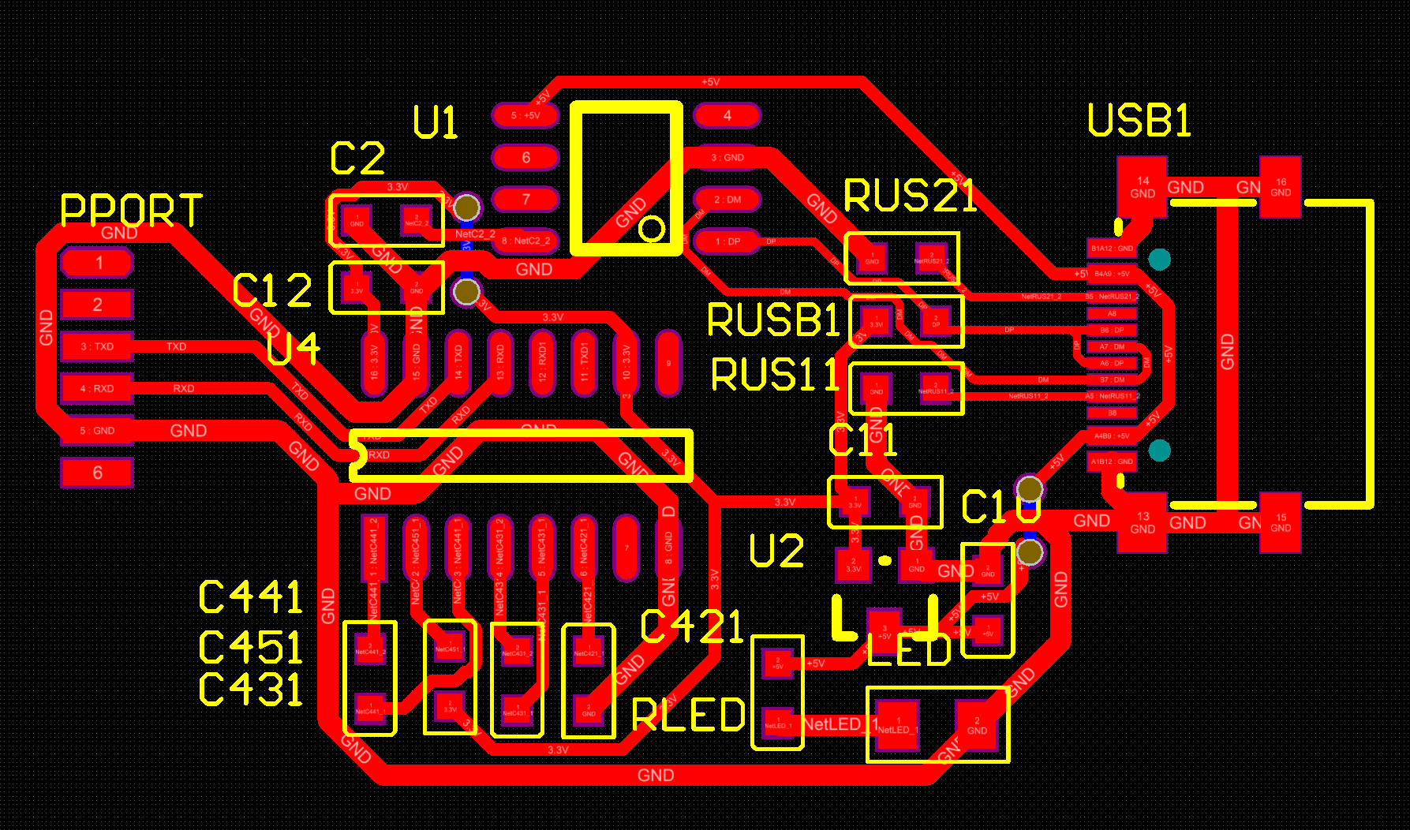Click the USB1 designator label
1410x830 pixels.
click(x=1139, y=121)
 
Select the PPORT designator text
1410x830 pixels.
click(x=131, y=211)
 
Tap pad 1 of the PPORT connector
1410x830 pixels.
click(x=98, y=263)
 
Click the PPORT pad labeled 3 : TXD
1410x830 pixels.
click(x=98, y=346)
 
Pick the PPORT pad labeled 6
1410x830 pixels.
click(x=98, y=473)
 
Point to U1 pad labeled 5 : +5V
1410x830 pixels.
click(x=525, y=115)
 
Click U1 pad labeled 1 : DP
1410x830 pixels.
click(x=727, y=241)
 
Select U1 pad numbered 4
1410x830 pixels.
click(x=727, y=115)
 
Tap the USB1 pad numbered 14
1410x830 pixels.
click(x=1142, y=187)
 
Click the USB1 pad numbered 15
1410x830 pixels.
click(x=1280, y=523)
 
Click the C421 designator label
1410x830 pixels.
click(x=692, y=627)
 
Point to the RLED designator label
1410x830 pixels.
click(x=689, y=716)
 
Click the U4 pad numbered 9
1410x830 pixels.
click(x=668, y=363)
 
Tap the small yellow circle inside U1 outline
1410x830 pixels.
click(x=651, y=230)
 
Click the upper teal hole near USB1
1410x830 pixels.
click(x=1159, y=259)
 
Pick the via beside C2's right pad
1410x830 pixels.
click(x=466, y=207)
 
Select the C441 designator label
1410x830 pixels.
click(x=250, y=596)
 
